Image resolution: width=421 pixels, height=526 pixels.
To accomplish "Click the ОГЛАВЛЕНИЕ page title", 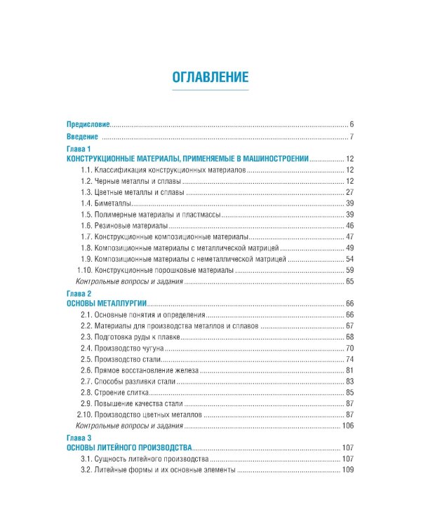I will (210, 77).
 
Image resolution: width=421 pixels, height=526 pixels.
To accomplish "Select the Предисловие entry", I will (88, 123).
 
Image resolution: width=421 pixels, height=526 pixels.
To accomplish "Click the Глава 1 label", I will (79, 149).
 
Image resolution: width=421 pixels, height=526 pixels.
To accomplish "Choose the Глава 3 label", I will (79, 436).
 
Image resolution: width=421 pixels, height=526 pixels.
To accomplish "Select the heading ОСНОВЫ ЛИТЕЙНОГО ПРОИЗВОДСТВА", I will (129, 447).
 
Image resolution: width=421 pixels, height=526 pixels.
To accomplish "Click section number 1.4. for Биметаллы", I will (87, 203).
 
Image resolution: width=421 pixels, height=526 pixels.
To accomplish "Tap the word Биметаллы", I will (111, 203).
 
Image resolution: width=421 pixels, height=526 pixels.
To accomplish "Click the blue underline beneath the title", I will (210, 90).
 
